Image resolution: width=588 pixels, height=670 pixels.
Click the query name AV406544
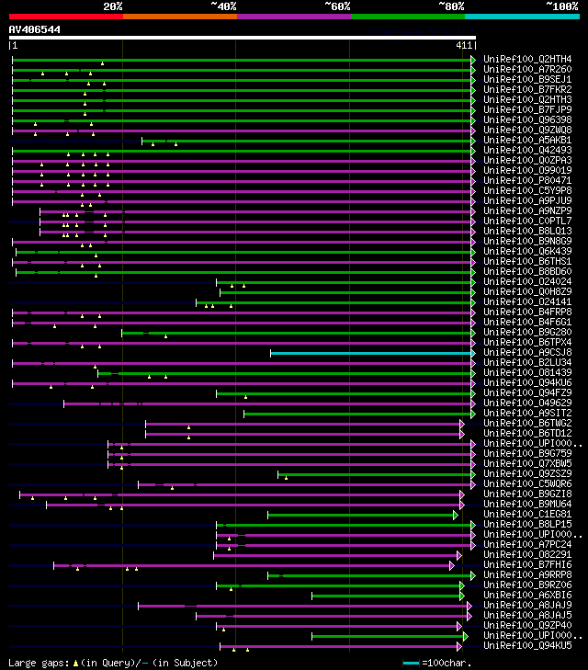(x=35, y=29)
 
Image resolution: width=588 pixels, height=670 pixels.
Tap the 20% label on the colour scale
(x=113, y=6)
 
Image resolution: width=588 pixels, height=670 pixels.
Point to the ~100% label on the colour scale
(x=561, y=6)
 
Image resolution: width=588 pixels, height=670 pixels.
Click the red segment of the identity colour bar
(x=65, y=17)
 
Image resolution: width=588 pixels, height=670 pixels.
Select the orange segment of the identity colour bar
(x=179, y=17)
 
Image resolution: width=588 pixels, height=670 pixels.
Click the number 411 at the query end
(x=464, y=45)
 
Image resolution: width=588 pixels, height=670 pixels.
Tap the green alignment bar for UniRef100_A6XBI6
(x=387, y=596)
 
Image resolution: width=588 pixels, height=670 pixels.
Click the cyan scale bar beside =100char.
(x=411, y=662)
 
